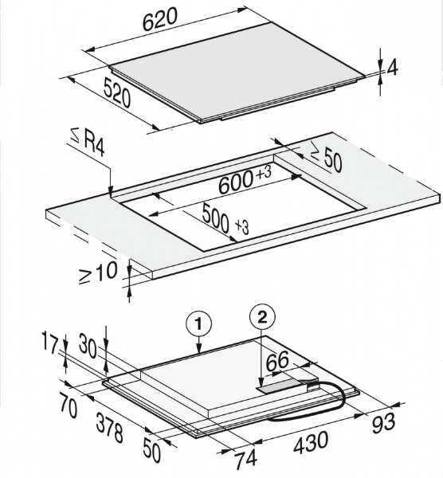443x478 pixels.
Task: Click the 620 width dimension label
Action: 160,19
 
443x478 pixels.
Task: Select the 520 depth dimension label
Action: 117,92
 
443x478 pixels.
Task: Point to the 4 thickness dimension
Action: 393,69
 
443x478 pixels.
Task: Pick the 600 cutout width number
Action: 236,182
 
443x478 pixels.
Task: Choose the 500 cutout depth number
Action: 215,218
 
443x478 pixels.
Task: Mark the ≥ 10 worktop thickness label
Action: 98,272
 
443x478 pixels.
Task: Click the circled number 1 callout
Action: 198,325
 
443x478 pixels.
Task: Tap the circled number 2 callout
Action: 262,318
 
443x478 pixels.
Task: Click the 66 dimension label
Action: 277,361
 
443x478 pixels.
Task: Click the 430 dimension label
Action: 312,441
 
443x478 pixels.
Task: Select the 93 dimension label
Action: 383,422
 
